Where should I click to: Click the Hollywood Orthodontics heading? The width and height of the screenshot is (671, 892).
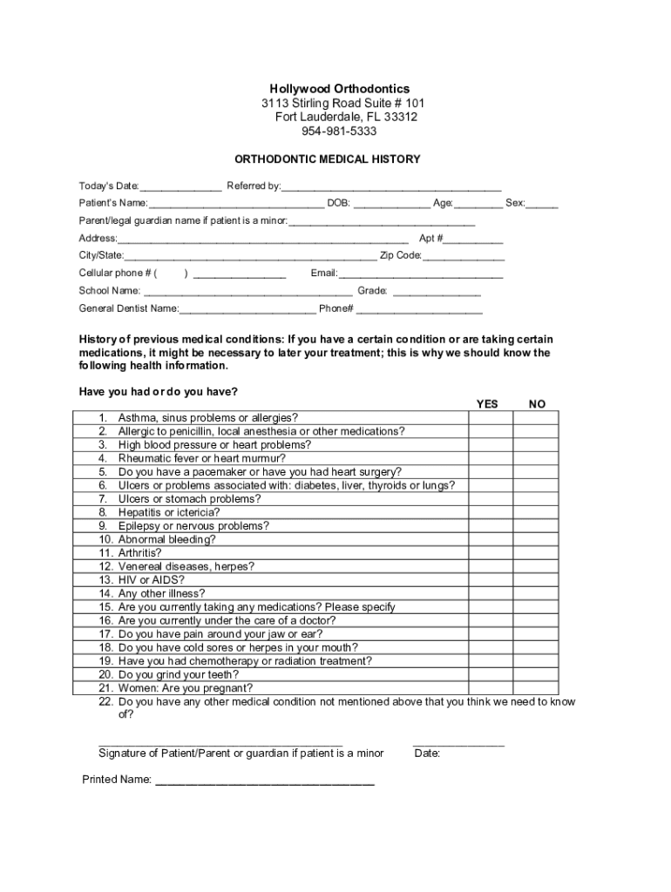(x=339, y=89)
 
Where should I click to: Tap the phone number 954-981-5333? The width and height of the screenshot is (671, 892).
(x=339, y=131)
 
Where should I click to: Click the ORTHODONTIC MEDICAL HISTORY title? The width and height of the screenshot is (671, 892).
(x=328, y=159)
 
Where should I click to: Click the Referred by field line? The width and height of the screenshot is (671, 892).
(x=391, y=187)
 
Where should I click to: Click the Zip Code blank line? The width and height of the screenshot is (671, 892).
(x=464, y=257)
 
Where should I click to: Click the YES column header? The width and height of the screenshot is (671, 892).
(x=488, y=404)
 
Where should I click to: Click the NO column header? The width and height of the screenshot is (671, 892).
(x=538, y=404)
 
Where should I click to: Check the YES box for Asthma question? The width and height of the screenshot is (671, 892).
(x=490, y=417)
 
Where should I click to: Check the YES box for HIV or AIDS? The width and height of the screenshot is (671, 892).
(x=490, y=579)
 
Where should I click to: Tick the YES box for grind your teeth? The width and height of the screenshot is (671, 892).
(x=490, y=674)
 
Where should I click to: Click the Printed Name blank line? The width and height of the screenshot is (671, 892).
(x=265, y=780)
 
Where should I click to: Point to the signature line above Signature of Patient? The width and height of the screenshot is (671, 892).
(x=226, y=743)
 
